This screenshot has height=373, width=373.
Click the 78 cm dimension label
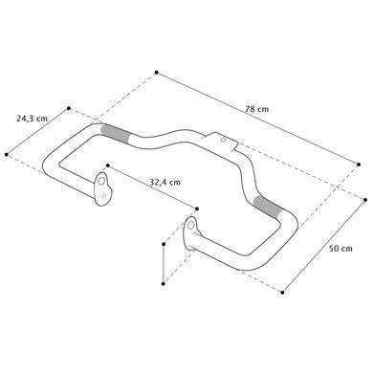click(257, 109)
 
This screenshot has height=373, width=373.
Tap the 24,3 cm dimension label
click(32, 119)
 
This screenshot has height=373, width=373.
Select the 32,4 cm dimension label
click(165, 183)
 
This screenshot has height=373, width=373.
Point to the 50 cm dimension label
click(340, 249)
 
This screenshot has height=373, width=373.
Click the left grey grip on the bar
click(116, 133)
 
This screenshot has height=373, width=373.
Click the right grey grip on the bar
click(268, 208)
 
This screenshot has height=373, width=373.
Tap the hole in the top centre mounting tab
click(223, 140)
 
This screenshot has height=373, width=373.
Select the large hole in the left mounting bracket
click(101, 181)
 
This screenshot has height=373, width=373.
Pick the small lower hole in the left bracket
click(104, 196)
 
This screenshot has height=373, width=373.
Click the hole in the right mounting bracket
click(190, 226)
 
